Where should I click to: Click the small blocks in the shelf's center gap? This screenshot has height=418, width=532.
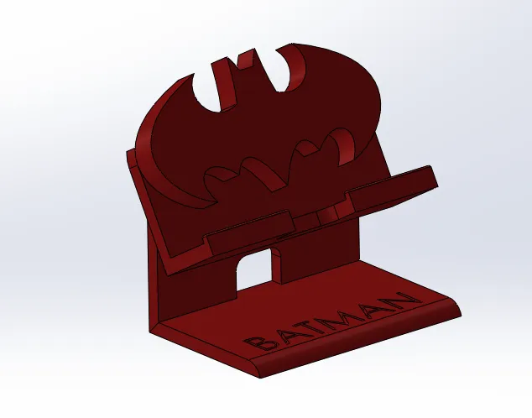click(x=323, y=217)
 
